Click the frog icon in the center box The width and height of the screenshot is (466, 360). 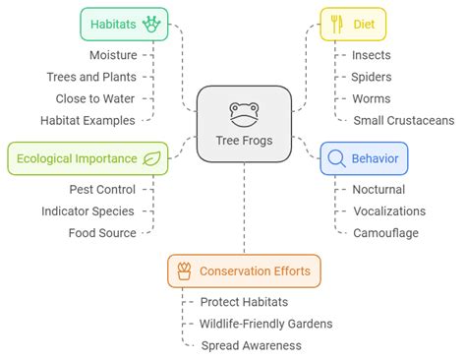point(245,111)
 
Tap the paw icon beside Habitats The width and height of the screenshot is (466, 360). point(152,23)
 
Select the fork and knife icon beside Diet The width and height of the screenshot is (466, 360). point(335,23)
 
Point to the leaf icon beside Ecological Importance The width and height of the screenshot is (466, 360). point(152,157)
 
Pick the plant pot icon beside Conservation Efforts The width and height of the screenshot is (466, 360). point(183,270)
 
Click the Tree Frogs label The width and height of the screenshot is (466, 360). point(245,139)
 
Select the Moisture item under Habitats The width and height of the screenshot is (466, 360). point(113,55)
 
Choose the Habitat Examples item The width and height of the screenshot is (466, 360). point(88,120)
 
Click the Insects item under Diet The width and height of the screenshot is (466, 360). point(372,55)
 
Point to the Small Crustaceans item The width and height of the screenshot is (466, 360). point(403,120)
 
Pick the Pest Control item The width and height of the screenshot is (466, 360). point(103,189)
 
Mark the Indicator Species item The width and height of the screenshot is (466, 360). point(88,210)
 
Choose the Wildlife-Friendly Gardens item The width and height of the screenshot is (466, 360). point(265,324)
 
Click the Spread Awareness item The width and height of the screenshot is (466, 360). point(251,345)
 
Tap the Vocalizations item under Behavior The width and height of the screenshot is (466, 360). point(389,210)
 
